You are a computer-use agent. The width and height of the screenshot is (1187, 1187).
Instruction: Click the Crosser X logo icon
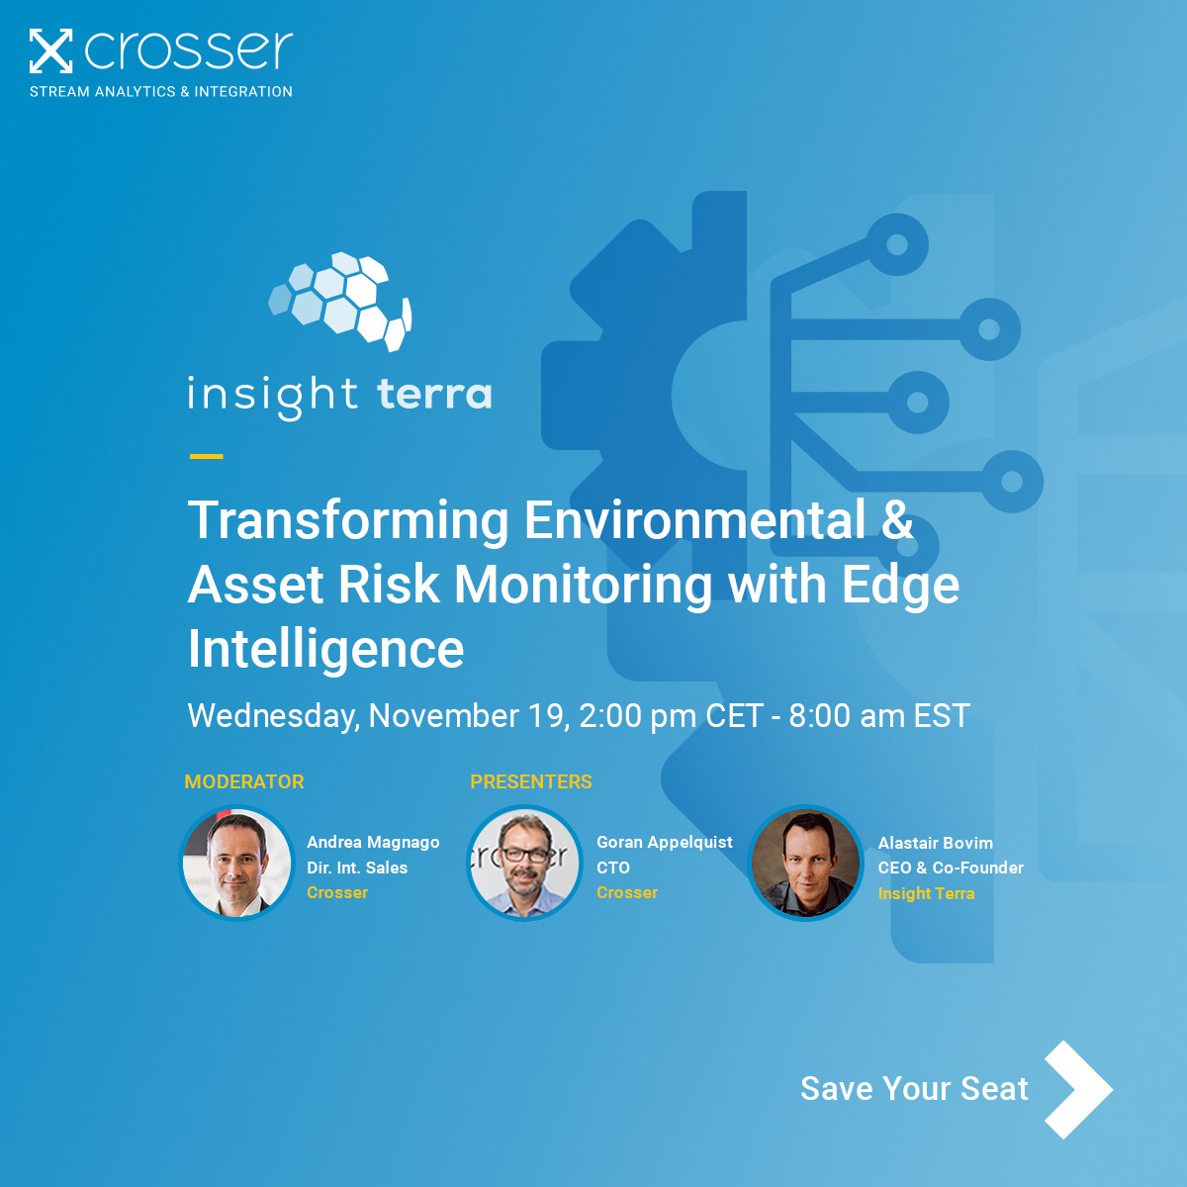[50, 51]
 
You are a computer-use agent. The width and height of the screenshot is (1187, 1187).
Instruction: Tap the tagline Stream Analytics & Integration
[161, 91]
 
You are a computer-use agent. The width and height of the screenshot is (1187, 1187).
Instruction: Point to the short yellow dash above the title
[206, 456]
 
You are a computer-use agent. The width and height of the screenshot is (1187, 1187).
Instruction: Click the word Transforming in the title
[348, 520]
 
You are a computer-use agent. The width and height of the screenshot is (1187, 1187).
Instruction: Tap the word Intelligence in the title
[326, 649]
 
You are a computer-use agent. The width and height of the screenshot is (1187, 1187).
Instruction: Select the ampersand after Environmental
[896, 520]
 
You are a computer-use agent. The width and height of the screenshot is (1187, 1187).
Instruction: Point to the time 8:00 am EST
[878, 715]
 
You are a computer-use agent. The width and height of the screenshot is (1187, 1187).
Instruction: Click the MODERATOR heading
[244, 781]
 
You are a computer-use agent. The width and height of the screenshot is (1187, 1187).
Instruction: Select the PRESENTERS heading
[531, 781]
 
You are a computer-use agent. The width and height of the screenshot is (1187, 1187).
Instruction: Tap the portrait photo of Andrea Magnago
[237, 863]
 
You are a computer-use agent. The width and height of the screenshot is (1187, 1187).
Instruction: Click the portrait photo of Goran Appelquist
[524, 863]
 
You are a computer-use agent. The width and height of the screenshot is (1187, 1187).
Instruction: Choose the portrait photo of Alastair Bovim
[805, 863]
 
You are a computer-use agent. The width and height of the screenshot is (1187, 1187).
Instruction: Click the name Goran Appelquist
[665, 842]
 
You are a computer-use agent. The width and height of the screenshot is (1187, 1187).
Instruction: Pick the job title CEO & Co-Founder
[951, 867]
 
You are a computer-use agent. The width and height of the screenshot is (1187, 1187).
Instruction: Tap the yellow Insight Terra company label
[926, 893]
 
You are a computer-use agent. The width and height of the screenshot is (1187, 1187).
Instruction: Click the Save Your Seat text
[914, 1088]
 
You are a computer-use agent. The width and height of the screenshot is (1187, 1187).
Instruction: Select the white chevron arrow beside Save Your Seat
[1078, 1089]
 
